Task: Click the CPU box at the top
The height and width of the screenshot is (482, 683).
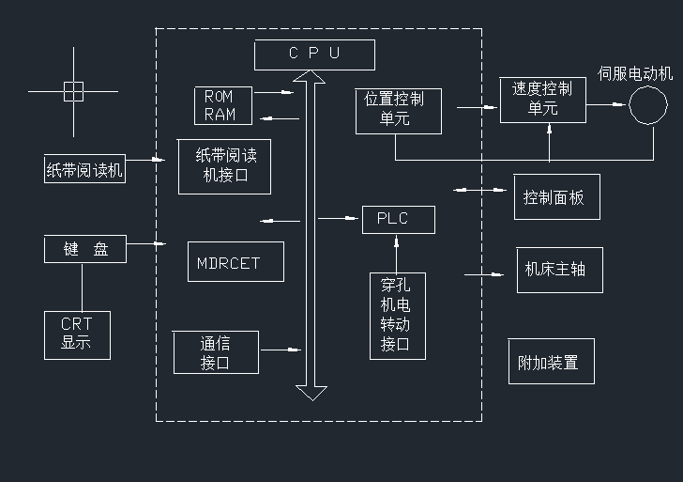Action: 313,54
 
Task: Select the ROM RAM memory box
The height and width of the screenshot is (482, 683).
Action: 221,105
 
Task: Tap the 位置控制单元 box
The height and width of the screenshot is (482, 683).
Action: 395,109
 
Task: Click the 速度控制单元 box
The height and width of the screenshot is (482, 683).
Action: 541,100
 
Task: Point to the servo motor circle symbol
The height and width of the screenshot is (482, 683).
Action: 647,105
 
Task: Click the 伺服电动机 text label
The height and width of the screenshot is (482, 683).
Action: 636,71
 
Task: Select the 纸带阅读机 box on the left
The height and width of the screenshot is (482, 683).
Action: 84,170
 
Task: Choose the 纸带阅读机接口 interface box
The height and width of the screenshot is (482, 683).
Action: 224,166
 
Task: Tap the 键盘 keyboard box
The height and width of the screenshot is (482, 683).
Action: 85,250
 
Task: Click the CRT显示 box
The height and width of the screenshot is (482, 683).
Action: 77,334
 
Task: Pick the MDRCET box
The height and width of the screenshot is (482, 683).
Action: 228,263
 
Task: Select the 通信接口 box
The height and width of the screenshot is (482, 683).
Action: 216,353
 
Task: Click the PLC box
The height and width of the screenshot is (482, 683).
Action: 398,219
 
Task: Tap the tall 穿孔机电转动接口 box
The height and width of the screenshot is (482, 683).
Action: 397,315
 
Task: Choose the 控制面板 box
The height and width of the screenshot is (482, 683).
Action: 555,197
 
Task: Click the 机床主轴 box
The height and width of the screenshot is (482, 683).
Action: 557,270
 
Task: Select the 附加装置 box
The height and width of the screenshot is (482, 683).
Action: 551,362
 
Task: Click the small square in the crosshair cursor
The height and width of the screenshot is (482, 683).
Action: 73,91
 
